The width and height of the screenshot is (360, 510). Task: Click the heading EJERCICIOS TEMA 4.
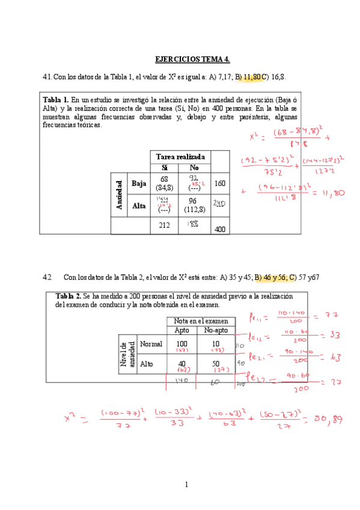pos(192,59)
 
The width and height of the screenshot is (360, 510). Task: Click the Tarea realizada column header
pos(180,156)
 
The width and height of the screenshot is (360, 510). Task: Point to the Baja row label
pos(139,183)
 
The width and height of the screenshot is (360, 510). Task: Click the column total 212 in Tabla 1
pos(164,225)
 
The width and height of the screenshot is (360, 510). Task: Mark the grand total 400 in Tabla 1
pos(221,229)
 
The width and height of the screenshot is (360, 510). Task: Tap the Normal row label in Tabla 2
pos(151,345)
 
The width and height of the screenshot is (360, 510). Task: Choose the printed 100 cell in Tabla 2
pos(182,343)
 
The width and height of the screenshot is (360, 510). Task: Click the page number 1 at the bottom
pos(187,484)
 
